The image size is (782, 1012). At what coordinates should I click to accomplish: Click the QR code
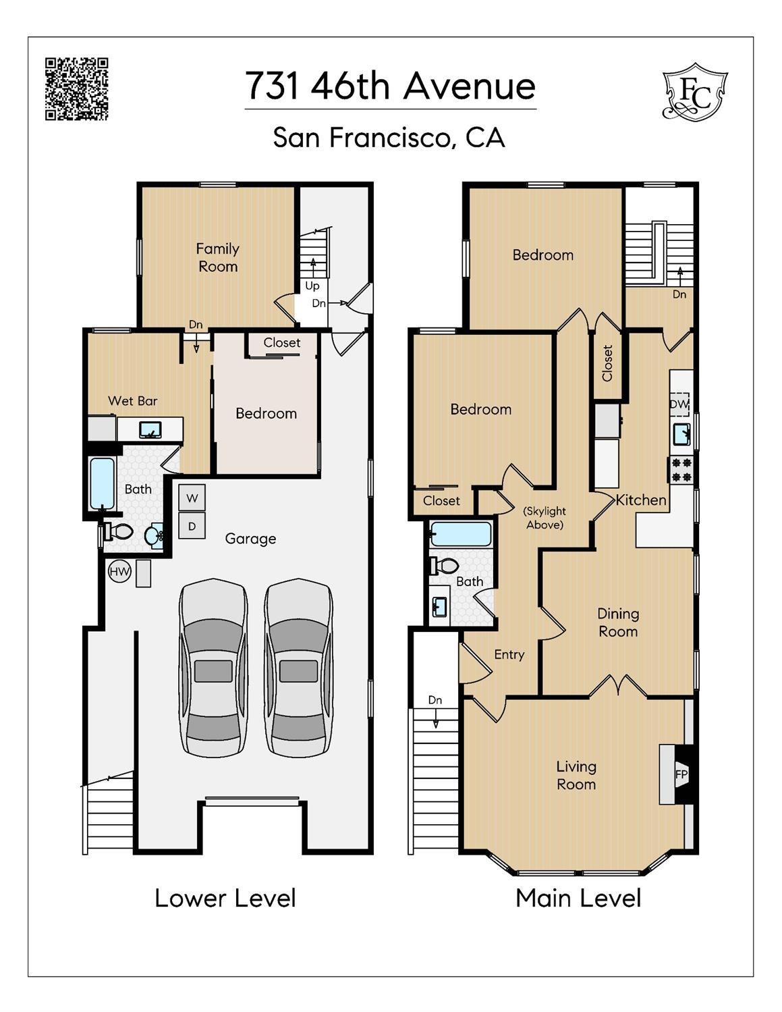click(x=77, y=89)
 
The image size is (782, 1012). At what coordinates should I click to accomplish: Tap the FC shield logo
click(x=695, y=92)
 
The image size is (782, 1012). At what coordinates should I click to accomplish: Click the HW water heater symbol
click(x=119, y=571)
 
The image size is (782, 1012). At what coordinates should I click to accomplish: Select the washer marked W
click(x=192, y=498)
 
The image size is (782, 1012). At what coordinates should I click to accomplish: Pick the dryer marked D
click(x=192, y=527)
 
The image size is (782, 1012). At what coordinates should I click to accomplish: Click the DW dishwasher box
click(x=679, y=404)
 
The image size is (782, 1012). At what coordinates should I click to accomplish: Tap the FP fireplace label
click(x=681, y=774)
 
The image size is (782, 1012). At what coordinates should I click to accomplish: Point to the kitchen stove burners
click(x=681, y=470)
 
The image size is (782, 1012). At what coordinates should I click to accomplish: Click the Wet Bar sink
click(x=150, y=430)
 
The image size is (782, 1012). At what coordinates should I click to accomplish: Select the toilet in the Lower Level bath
click(x=118, y=531)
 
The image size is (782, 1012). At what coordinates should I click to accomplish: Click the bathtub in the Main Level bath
click(x=461, y=534)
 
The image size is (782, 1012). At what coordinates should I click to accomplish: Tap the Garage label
click(x=250, y=539)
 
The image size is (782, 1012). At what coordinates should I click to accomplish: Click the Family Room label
click(x=218, y=257)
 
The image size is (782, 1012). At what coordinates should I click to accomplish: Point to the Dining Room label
click(x=618, y=622)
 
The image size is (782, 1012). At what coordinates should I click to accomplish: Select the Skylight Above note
click(x=544, y=518)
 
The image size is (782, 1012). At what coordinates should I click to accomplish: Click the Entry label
click(x=509, y=655)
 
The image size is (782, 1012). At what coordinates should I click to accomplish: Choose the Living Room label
click(x=576, y=776)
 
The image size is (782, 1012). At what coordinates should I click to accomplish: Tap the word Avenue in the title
click(x=470, y=86)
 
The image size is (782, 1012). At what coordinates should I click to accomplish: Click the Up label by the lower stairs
click(x=312, y=286)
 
